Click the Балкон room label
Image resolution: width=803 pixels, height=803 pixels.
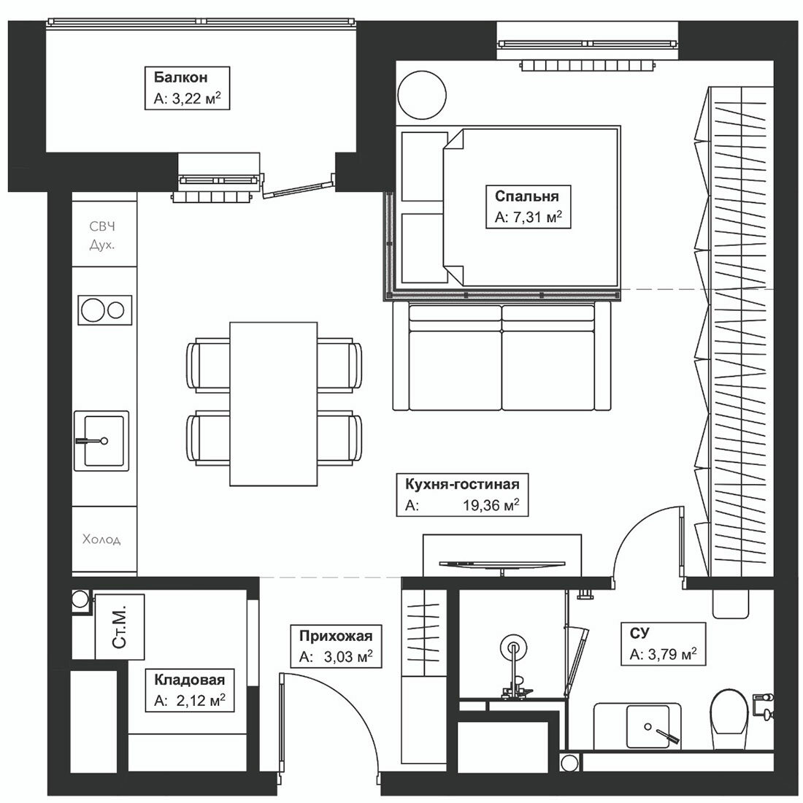181,77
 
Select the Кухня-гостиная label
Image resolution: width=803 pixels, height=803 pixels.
462,484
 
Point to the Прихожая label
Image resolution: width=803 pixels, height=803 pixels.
336,636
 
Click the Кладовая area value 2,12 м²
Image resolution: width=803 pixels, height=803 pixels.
201,700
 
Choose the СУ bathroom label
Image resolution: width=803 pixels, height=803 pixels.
639,634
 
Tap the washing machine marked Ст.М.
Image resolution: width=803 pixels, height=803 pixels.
120,627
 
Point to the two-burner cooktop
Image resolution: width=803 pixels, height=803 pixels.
105,310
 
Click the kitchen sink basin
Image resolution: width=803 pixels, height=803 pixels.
101,440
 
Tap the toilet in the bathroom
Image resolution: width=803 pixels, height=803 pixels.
730,718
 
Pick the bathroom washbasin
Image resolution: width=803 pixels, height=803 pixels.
648,726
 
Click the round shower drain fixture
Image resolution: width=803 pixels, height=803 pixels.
513,648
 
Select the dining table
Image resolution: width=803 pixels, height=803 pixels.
274,404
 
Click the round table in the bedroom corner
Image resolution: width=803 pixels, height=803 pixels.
422,95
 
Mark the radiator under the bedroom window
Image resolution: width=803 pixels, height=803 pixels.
588,65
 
